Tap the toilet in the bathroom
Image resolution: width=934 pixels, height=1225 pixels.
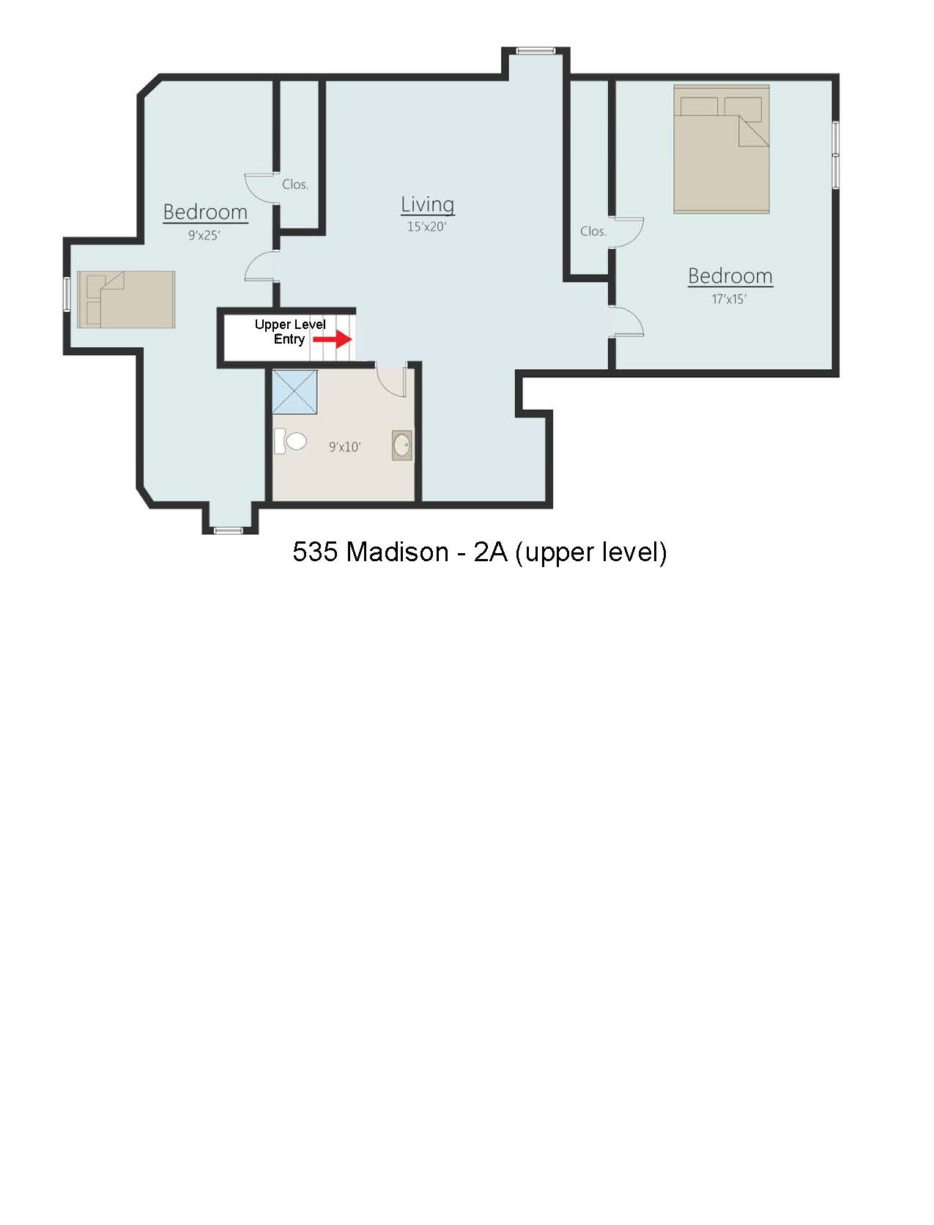[290, 441]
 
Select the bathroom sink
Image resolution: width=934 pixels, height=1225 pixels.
[401, 445]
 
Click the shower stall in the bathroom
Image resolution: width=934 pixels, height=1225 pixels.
[294, 392]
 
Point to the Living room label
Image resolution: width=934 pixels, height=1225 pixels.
[427, 205]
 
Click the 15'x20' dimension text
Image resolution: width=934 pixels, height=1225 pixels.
[426, 226]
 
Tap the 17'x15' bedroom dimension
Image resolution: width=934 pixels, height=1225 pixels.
[729, 299]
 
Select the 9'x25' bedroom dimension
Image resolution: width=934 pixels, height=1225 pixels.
[204, 235]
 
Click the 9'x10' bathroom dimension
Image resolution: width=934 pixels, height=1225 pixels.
[344, 446]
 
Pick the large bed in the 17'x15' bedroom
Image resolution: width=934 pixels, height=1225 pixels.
[722, 149]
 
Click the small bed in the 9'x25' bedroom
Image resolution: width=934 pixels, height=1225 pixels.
[126, 300]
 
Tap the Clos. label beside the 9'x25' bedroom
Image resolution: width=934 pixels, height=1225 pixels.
[295, 184]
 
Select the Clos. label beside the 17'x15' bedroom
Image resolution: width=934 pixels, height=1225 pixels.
[593, 231]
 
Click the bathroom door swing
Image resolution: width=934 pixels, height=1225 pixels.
[390, 380]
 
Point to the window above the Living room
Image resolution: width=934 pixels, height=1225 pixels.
[535, 51]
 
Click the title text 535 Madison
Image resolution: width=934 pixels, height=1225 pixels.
[371, 552]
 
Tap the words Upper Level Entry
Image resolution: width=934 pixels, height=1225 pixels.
[289, 331]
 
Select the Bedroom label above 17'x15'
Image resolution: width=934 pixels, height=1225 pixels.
[730, 275]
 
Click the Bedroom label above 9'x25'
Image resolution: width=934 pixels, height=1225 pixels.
[205, 212]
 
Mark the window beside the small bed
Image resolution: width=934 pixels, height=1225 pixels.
[67, 294]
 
